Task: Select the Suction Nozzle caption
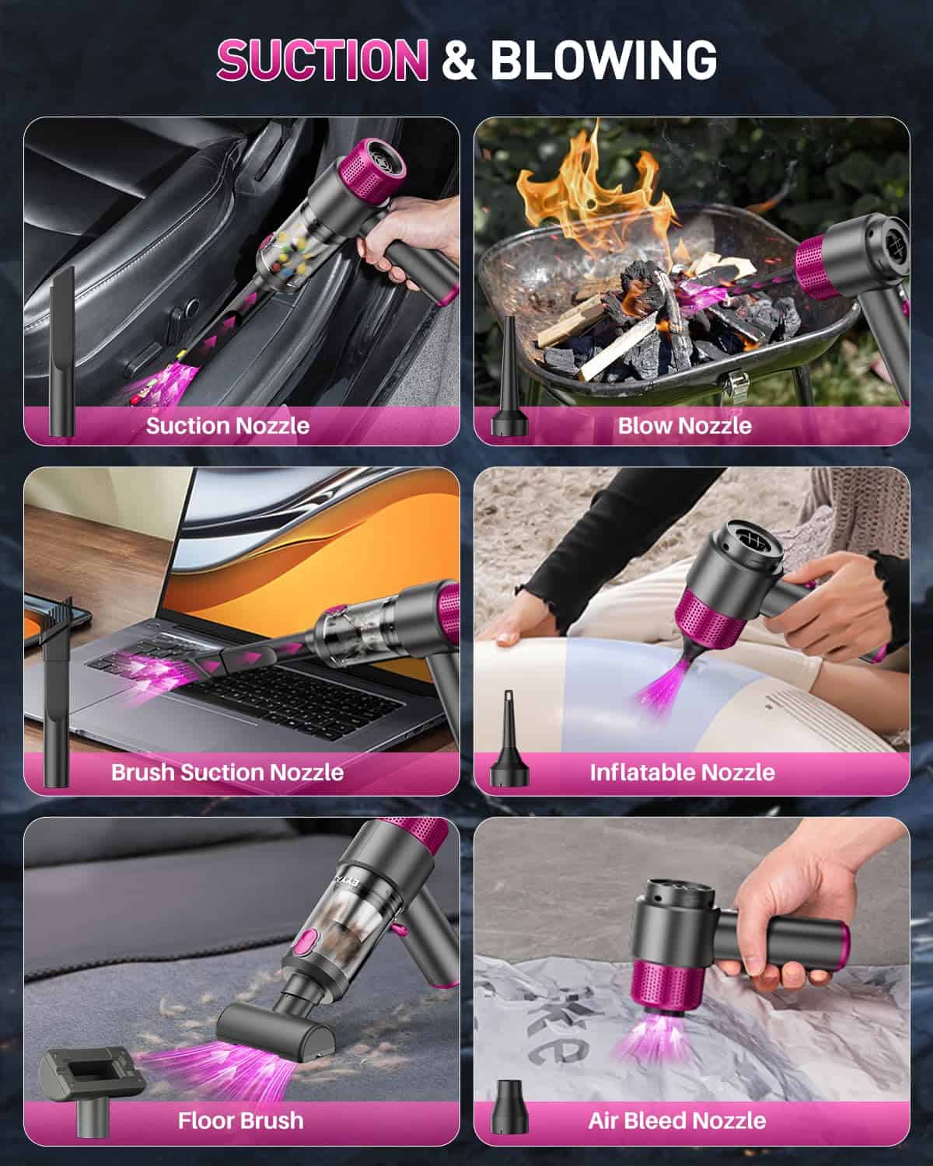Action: [x=228, y=425]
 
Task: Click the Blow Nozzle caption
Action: [x=684, y=425]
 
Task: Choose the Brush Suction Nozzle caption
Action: [x=227, y=772]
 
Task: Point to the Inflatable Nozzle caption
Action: [x=682, y=772]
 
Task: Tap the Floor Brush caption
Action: [x=240, y=1120]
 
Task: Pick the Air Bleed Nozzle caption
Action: [x=676, y=1120]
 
